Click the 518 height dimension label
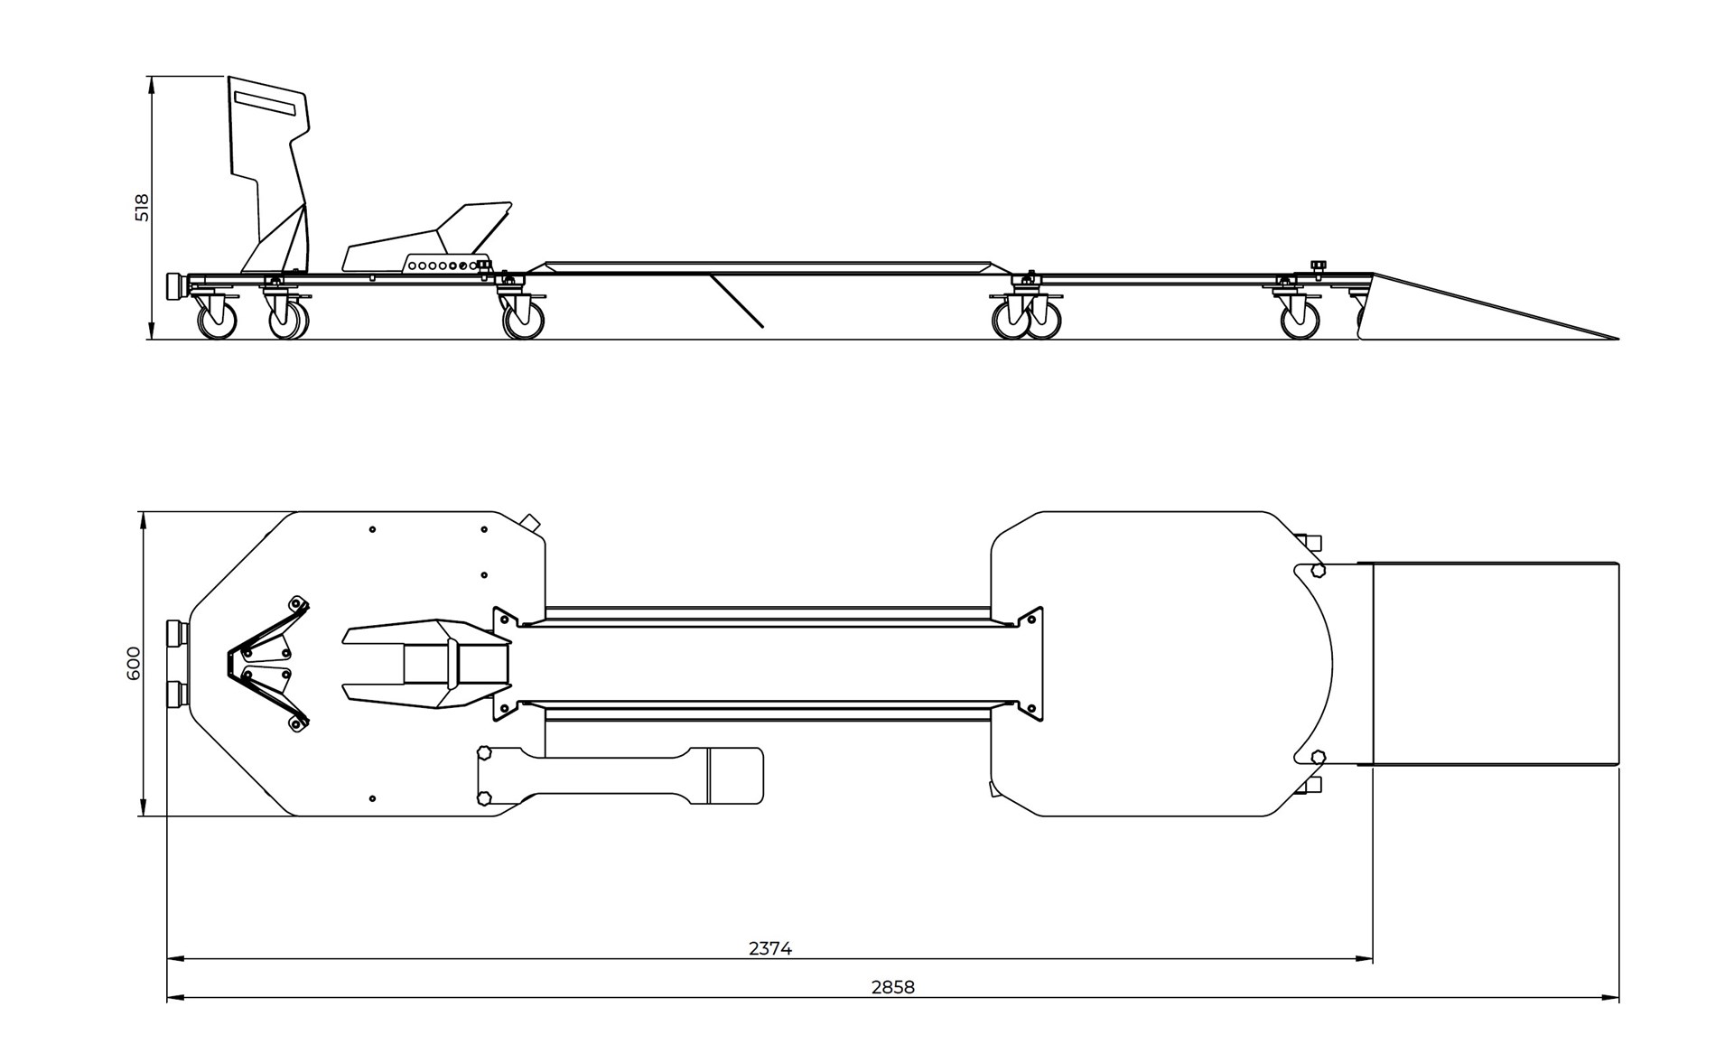tap(142, 208)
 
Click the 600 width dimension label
tap(134, 663)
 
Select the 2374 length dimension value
tap(769, 948)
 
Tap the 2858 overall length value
tap(892, 987)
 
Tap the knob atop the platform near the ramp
tap(1317, 265)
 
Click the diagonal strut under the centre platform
tap(736, 301)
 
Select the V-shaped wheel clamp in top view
tap(267, 663)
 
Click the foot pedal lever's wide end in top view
tap(735, 775)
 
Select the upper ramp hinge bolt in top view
tap(1317, 570)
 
